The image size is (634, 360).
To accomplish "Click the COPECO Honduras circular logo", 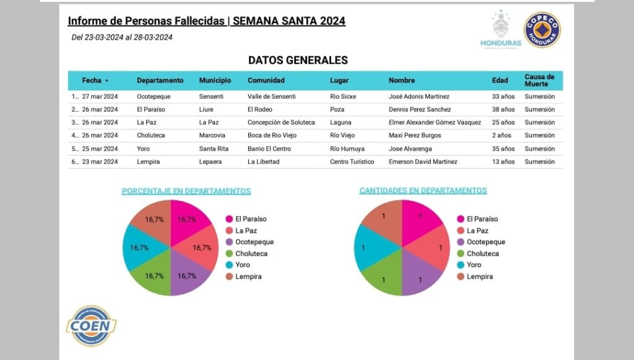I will point(542,30).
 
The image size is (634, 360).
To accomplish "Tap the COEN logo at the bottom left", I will point(91,325).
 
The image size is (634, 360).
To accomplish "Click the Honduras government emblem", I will point(500,29).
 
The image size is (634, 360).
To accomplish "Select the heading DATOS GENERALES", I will point(298,61).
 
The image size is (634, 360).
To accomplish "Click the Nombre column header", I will point(402,81).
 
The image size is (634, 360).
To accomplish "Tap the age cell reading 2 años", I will point(501,135).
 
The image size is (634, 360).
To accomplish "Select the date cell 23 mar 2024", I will point(100,162).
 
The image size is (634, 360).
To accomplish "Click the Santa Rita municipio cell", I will point(214,149).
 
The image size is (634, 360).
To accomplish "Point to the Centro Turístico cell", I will point(352,162).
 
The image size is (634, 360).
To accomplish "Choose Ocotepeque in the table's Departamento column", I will point(154,97).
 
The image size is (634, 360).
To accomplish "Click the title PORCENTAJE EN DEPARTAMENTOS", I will point(186,191).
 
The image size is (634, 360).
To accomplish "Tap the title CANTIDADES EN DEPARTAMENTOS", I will point(423,191).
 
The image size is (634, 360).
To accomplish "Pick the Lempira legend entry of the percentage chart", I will point(248,276).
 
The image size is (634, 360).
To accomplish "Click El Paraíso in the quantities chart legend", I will point(482,219).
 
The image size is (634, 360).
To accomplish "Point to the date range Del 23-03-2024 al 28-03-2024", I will point(122,37).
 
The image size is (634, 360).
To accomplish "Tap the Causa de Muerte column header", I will point(539,81).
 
